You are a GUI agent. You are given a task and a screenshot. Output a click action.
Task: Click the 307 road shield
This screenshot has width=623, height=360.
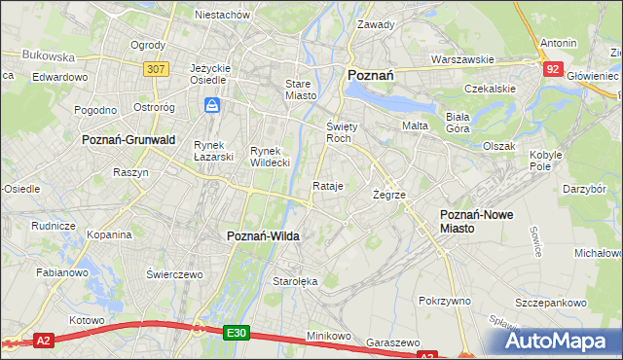[x=155, y=69]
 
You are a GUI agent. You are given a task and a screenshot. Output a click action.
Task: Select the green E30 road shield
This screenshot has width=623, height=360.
[x=236, y=332]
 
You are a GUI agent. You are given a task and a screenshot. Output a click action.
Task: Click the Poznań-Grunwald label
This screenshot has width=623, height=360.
[x=128, y=140]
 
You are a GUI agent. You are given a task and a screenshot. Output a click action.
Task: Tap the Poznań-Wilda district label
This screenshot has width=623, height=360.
[x=263, y=236]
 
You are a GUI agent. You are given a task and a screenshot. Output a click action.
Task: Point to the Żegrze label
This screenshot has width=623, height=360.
[x=388, y=195]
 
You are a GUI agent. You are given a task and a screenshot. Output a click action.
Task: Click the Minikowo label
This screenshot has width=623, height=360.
[x=329, y=335]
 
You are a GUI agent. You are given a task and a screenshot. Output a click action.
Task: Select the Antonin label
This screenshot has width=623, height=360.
[x=558, y=44]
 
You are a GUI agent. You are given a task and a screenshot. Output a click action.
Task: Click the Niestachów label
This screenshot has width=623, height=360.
[x=223, y=15]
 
